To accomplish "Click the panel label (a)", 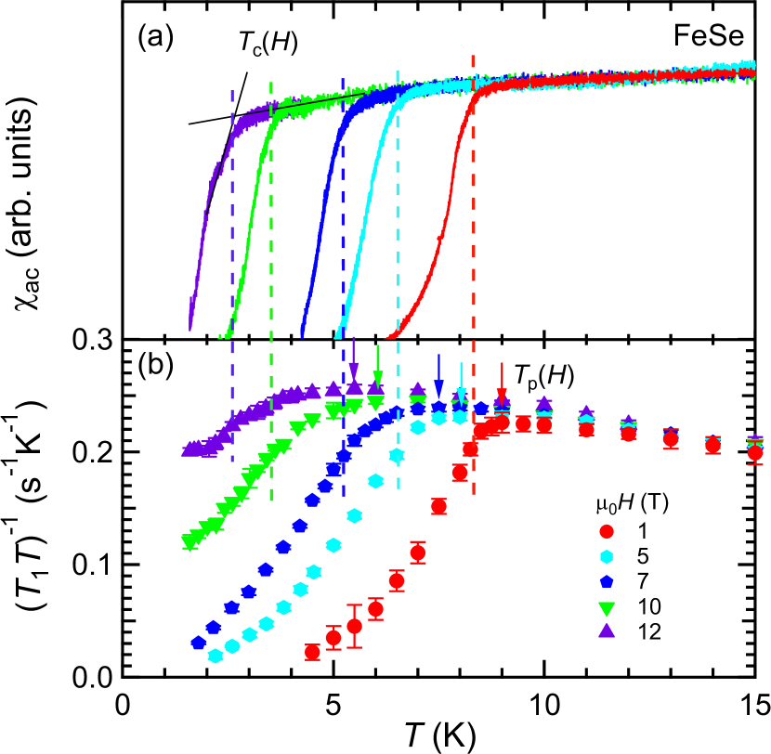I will coord(155,37).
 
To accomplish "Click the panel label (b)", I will coord(155,364).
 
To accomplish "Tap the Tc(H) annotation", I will coord(267,43).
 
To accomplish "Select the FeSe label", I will coord(709,38).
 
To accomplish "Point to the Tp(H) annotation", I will coord(543,376).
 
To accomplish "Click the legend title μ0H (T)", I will coord(632,504).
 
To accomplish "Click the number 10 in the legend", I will coord(649,607).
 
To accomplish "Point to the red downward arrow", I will coord(502,383).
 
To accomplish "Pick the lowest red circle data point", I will coord(313,652).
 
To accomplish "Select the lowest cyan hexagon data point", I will coord(216,656).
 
